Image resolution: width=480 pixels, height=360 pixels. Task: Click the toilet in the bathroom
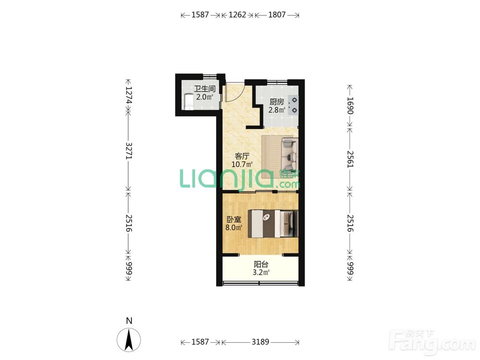189,101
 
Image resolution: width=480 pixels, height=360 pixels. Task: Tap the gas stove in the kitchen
294,105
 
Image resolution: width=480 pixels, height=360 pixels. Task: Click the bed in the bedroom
273,223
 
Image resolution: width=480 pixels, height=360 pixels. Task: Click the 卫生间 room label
204,89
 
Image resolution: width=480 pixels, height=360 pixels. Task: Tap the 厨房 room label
277,102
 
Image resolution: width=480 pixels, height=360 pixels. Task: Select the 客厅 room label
242,156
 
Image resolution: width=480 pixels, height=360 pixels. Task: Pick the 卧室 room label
234,219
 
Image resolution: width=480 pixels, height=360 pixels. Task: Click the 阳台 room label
261,264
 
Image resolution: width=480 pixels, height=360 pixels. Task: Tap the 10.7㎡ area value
242,164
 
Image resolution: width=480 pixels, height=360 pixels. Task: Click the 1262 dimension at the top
237,15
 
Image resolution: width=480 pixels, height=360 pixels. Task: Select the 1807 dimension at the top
277,15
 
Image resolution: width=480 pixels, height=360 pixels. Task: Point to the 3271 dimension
129,150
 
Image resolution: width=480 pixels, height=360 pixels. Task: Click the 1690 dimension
350,106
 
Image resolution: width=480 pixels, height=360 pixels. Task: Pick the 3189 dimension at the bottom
260,342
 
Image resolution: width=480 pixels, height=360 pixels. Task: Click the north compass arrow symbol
129,339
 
